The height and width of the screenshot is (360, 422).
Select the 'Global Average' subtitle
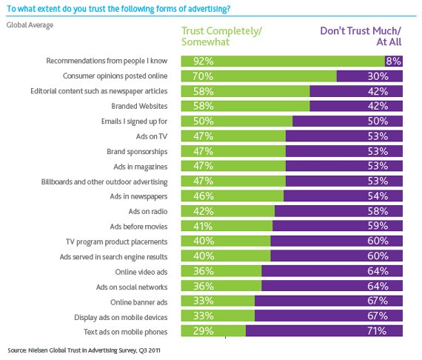click(x=30, y=25)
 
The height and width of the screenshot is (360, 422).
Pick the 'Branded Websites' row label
click(x=144, y=105)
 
